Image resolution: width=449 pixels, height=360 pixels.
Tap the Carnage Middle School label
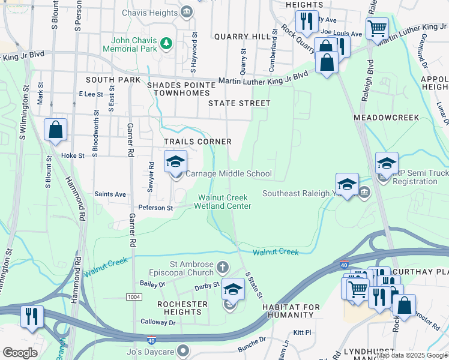[228, 174]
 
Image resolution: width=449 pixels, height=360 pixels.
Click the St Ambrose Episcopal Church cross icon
[222, 266]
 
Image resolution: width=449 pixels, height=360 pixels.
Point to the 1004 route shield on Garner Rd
[134, 298]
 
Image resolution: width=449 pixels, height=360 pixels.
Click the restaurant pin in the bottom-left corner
[32, 316]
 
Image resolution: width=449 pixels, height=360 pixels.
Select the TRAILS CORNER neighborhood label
[198, 142]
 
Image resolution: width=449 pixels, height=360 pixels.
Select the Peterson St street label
[155, 208]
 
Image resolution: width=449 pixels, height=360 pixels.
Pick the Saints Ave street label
[110, 194]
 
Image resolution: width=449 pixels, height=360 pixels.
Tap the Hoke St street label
[73, 155]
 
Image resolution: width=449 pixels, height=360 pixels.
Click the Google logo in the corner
[20, 353]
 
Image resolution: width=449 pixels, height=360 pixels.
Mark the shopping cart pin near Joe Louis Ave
[377, 28]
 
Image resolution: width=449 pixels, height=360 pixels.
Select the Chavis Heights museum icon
[186, 11]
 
